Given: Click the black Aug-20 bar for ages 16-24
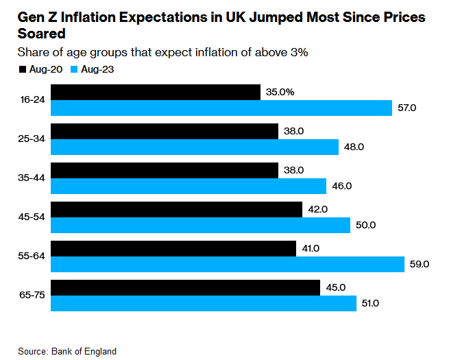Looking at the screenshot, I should [156, 93].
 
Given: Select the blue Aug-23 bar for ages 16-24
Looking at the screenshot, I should [221, 108].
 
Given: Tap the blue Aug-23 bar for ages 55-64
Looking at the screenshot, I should [227, 264].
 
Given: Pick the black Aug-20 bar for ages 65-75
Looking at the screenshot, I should [185, 287].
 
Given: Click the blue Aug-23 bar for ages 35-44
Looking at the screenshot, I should [189, 186].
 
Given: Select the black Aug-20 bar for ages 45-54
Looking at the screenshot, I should [176, 209].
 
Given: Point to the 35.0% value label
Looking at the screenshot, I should [280, 92].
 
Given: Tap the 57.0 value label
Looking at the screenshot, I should [407, 108].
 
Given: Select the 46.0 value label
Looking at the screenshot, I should [341, 186].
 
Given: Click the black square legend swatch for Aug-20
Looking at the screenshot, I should [21, 69].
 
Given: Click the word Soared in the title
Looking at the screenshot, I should [41, 33].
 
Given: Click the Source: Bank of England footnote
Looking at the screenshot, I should [67, 351].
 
